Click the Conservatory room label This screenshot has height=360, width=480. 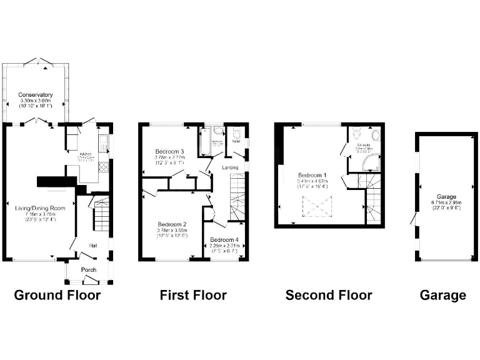tap(35, 95)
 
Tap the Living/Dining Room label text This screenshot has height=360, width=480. tap(40, 207)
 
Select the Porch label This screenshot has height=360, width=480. tap(88, 270)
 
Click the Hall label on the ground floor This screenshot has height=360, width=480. tap(92, 246)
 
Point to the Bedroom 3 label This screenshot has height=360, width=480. tap(169, 152)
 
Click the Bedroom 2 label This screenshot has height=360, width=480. tap(172, 224)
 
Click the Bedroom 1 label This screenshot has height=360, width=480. tap(312, 174)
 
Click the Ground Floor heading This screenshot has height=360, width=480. tap(57, 295)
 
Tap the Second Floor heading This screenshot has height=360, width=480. tap(328, 295)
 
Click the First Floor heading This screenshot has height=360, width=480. tap(193, 295)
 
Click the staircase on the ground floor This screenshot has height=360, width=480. tap(101, 216)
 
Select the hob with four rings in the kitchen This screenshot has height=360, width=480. tap(104, 167)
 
